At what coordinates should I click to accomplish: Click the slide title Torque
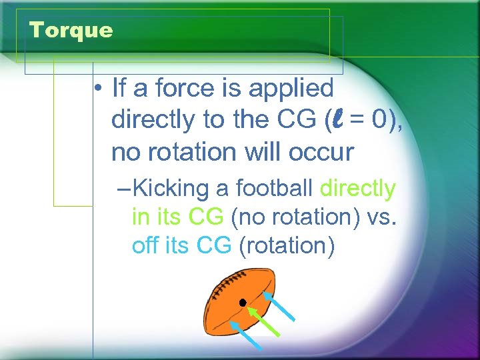71,31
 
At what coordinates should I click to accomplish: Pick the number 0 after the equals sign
381,121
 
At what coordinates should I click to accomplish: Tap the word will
263,152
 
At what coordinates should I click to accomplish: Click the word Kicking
171,189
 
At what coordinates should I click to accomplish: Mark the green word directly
358,189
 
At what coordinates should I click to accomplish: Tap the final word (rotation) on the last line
286,246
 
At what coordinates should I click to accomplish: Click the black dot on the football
243,303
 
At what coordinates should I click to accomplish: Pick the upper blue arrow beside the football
279,306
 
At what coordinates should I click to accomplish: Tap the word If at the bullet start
119,88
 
